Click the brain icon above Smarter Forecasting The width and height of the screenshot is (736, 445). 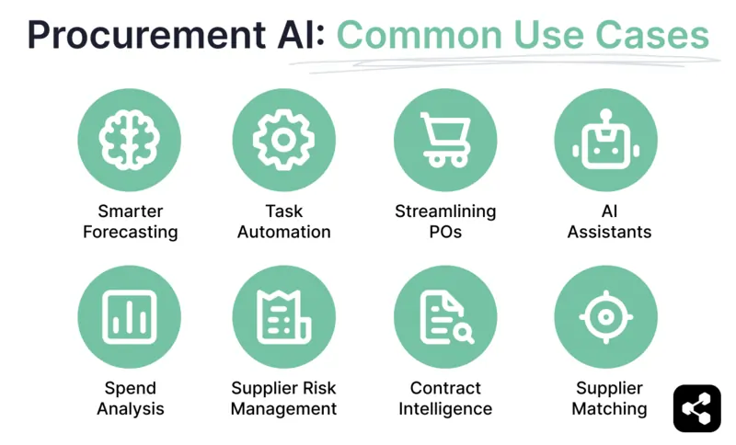click(x=129, y=140)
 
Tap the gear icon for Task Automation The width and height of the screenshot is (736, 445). click(x=284, y=140)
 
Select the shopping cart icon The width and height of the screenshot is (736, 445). click(x=445, y=140)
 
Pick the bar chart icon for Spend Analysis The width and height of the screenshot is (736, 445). click(x=129, y=316)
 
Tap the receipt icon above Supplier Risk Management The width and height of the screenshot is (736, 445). click(x=284, y=316)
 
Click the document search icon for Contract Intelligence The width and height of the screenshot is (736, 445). click(x=445, y=316)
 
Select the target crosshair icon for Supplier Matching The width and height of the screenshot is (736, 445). click(x=605, y=316)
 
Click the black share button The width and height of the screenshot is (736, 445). click(x=696, y=408)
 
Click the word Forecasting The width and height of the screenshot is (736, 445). click(x=130, y=232)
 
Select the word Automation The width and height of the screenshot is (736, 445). click(x=284, y=232)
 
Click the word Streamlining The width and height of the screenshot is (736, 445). click(x=445, y=211)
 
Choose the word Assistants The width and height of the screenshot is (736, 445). click(x=609, y=232)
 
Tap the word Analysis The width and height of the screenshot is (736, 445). click(x=131, y=408)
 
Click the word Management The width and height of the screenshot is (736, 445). click(x=284, y=408)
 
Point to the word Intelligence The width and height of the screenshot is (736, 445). click(x=445, y=408)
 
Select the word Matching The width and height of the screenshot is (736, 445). click(x=609, y=408)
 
